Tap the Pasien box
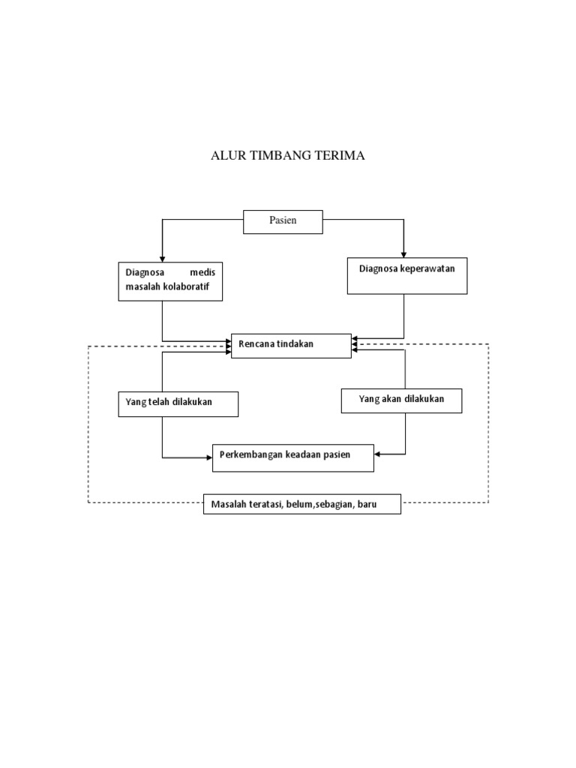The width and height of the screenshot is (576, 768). (283, 222)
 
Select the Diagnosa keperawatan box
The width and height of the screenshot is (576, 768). (407, 275)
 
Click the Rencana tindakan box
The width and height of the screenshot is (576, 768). (290, 345)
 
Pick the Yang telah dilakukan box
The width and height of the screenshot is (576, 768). (178, 403)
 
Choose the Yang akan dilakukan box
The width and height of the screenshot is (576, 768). (401, 400)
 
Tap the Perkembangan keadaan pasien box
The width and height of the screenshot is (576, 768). (292, 457)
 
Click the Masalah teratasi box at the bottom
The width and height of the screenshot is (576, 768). (302, 504)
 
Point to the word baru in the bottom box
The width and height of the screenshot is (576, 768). (367, 505)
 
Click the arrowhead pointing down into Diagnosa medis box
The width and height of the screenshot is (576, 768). (162, 257)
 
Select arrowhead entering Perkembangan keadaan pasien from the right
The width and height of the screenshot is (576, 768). (378, 454)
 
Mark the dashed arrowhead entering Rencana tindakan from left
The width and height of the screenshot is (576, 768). (227, 346)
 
